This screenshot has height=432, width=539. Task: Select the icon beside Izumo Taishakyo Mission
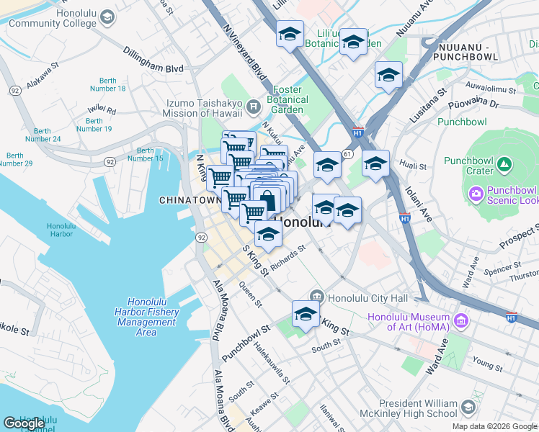(x=253, y=108)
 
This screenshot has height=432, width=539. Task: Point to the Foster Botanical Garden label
(x=288, y=100)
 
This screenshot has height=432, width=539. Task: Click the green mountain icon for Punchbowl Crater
(x=504, y=166)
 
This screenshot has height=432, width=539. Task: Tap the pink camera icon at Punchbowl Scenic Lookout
(x=476, y=194)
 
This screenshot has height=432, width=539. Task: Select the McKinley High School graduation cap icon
(x=468, y=408)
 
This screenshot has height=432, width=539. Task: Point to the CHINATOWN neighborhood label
(x=188, y=199)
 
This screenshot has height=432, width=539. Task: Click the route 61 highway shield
(x=347, y=155)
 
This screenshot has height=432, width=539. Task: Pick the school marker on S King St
(x=306, y=315)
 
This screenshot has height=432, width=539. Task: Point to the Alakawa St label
(x=43, y=78)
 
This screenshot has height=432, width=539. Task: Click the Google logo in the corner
(x=24, y=423)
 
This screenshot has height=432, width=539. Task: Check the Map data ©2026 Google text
(x=494, y=426)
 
